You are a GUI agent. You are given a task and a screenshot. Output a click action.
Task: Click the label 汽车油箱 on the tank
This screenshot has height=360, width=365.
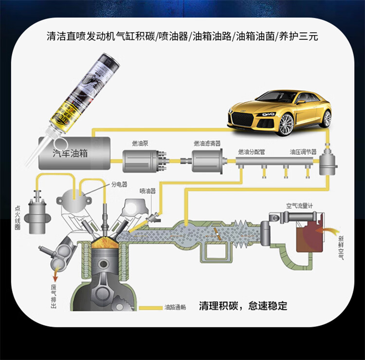click(70, 153)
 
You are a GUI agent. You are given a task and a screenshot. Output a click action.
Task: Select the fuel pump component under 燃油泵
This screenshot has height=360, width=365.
click(142, 160)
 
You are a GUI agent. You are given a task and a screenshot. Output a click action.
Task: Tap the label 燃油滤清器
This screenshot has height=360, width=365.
click(207, 143)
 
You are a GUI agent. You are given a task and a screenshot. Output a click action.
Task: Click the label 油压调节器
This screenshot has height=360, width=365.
click(303, 152)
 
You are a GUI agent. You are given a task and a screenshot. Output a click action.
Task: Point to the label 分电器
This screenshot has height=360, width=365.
click(119, 185)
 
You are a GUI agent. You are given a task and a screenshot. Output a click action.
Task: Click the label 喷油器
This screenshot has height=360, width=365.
click(147, 191)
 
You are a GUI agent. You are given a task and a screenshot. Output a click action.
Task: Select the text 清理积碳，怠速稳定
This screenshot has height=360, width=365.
click(243, 306)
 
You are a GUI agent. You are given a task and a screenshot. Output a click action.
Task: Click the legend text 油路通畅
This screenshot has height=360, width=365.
click(176, 308)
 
